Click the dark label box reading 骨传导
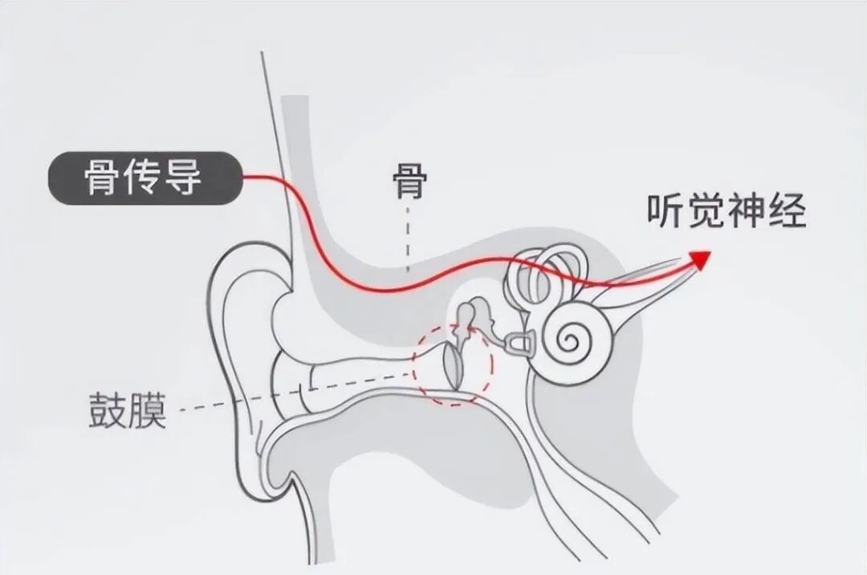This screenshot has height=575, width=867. click(x=144, y=178)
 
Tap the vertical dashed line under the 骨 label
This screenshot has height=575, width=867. click(x=409, y=237)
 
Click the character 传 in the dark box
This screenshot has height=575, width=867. click(x=144, y=178)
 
